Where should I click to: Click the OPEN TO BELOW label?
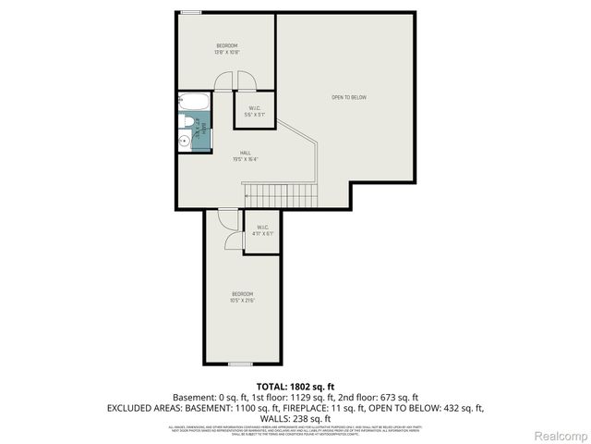350,97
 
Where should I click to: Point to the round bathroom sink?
184,141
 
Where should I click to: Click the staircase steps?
280,195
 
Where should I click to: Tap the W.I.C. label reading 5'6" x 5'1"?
254,110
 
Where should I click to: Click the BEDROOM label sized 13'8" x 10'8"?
227,49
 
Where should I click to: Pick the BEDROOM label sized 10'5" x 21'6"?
242,297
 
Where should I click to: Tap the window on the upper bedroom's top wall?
191,12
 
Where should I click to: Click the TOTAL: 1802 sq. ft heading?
295,386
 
